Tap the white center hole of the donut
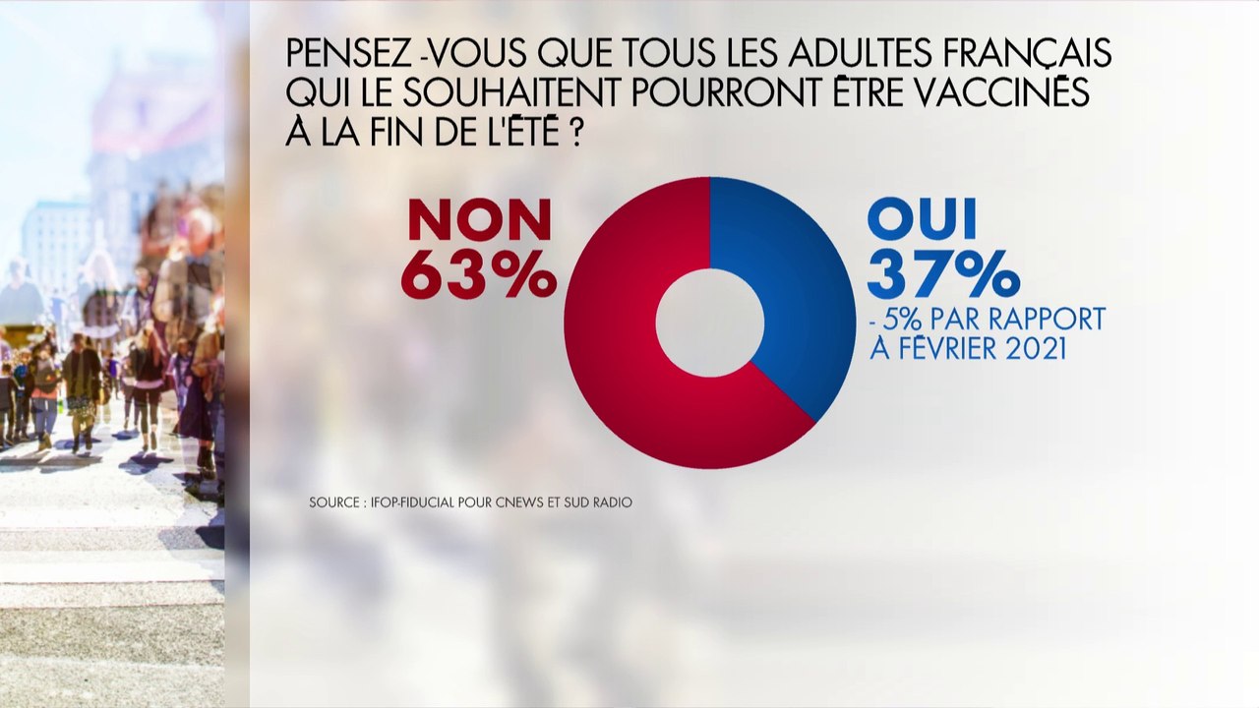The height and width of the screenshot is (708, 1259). point(710,322)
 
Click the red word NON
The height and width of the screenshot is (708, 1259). point(479,220)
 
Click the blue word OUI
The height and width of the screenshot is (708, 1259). point(922,220)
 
